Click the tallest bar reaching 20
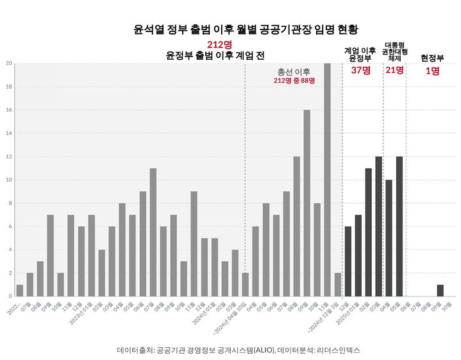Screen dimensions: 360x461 click(x=327, y=180)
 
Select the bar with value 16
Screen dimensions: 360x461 click(x=306, y=203)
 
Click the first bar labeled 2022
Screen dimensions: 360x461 click(x=19, y=290)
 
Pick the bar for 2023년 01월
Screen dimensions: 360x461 click(x=91, y=255)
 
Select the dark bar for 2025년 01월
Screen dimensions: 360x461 click(x=358, y=255)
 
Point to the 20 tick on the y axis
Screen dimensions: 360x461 click(x=9, y=64)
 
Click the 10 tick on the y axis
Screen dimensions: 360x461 click(x=9, y=180)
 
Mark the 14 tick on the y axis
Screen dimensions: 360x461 click(x=9, y=133)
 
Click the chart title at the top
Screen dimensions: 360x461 click(x=246, y=30)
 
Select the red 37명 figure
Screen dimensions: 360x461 click(x=360, y=71)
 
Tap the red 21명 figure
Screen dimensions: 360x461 click(x=394, y=70)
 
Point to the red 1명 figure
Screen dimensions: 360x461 click(x=432, y=71)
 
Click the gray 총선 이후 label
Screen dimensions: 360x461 click(x=294, y=72)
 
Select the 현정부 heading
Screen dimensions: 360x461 click(x=432, y=58)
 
